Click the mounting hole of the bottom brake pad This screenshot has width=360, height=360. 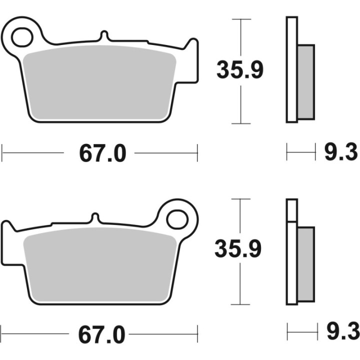(176, 218)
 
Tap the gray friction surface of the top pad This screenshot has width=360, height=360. (100, 82)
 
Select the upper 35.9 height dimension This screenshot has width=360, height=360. (239, 70)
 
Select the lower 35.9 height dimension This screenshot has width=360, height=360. (238, 248)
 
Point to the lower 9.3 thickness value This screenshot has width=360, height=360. (341, 331)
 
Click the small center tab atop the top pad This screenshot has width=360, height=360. (103, 36)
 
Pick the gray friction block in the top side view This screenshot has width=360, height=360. (306, 81)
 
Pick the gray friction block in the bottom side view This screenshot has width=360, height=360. (306, 262)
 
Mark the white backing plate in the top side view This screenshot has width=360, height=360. (291, 70)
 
